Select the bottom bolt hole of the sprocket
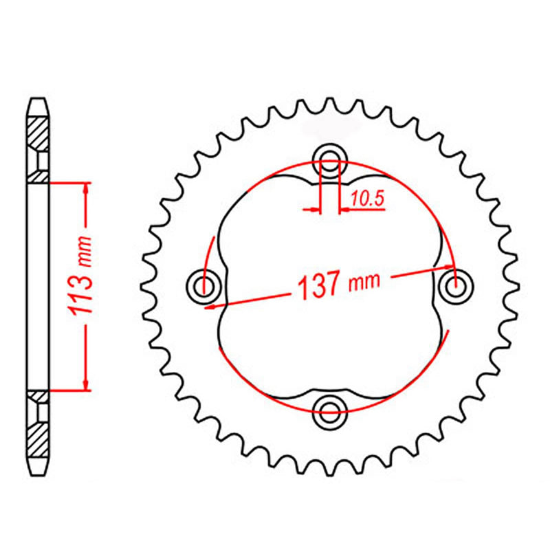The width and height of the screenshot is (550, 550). pos(330,412)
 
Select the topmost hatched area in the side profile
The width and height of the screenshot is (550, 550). pos(38,132)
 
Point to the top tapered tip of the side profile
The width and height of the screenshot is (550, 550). pos(38,105)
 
